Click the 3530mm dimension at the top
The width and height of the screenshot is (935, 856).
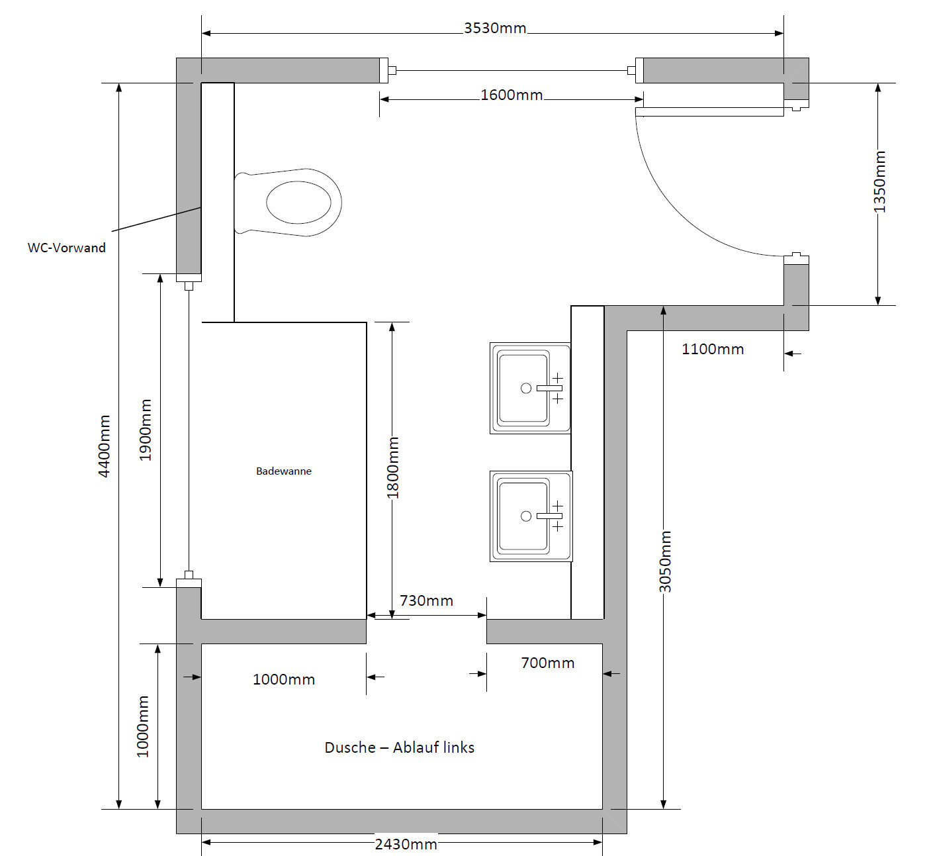click(x=494, y=28)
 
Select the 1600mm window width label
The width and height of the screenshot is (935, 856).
click(x=511, y=95)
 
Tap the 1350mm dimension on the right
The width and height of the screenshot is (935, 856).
click(x=879, y=182)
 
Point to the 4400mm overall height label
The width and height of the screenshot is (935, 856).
click(x=105, y=446)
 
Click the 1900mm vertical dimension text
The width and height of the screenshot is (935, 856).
click(x=146, y=430)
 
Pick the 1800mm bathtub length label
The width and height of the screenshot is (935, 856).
click(x=393, y=467)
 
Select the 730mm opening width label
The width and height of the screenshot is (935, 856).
click(x=426, y=600)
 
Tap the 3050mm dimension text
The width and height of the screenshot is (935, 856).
click(x=665, y=561)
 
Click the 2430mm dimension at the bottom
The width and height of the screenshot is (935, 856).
click(x=406, y=844)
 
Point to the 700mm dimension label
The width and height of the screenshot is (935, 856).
click(x=547, y=663)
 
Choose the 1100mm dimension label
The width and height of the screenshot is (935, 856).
click(x=713, y=349)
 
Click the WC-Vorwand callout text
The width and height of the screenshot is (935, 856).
click(x=66, y=248)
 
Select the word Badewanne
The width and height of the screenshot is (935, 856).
click(x=283, y=471)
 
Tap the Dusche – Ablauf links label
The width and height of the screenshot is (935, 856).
click(x=399, y=747)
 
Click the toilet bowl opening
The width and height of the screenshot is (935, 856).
click(x=298, y=202)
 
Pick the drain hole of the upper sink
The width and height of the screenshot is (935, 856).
click(x=526, y=388)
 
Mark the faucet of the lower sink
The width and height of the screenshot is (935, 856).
click(x=549, y=516)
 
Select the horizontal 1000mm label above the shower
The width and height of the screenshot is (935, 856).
click(x=283, y=679)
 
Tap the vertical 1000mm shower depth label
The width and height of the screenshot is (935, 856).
click(x=143, y=726)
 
